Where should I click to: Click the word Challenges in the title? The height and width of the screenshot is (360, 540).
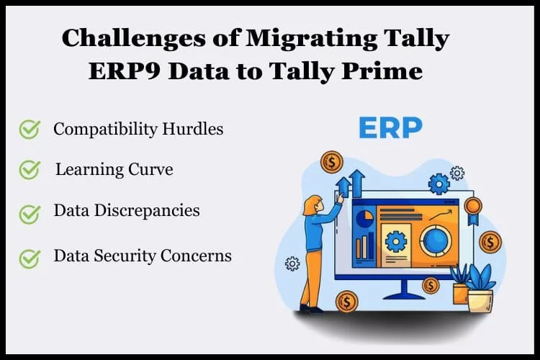134,39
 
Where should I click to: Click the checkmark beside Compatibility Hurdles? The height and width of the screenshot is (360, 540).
30,129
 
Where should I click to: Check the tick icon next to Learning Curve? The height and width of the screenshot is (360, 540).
30,170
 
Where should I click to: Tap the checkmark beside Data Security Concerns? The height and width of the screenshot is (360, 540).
30,258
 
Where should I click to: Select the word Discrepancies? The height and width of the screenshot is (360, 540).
147,210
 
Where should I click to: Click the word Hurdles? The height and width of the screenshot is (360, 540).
193,129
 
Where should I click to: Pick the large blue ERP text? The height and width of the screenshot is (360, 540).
390,128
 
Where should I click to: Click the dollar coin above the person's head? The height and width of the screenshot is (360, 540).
332,161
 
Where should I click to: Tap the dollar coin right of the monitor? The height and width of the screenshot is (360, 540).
490,242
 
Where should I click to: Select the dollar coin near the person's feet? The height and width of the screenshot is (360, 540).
346,302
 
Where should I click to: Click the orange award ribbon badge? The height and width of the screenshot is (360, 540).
473,210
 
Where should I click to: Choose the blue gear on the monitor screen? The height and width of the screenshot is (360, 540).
396,241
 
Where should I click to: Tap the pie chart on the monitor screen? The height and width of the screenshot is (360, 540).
364,219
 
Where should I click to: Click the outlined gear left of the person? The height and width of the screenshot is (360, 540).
292,264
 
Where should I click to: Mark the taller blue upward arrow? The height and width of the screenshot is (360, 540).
356,184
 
